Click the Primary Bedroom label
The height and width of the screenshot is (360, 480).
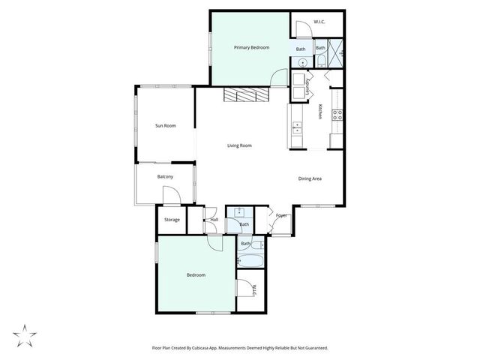click(250, 48)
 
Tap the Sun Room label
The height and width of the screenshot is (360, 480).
click(165, 125)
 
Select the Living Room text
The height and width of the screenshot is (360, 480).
click(239, 145)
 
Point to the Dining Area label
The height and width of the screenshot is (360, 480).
click(310, 178)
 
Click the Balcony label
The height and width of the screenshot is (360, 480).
click(165, 177)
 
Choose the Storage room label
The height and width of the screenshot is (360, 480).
click(172, 220)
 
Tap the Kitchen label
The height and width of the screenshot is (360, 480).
click(320, 111)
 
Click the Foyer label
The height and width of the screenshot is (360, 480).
click(281, 215)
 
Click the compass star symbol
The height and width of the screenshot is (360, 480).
click(25, 334)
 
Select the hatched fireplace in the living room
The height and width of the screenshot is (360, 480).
click(245, 96)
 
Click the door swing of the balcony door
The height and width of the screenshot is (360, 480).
click(171, 198)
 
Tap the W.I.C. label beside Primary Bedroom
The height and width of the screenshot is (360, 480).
click(318, 22)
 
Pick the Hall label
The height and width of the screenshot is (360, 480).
click(214, 220)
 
